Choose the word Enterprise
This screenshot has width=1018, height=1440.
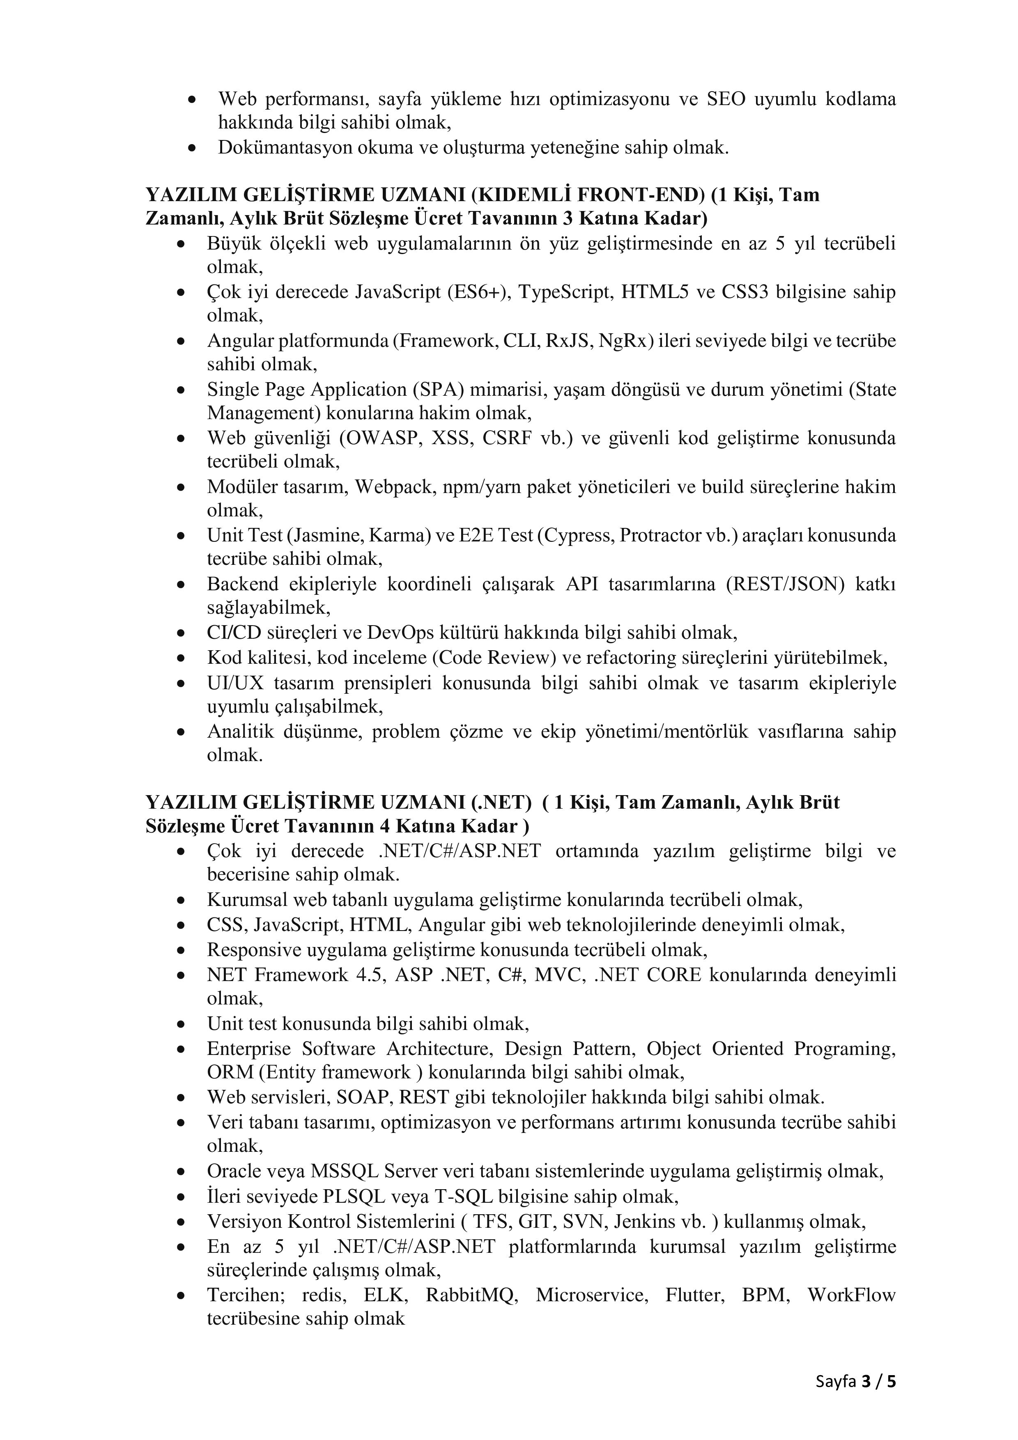(249, 1049)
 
